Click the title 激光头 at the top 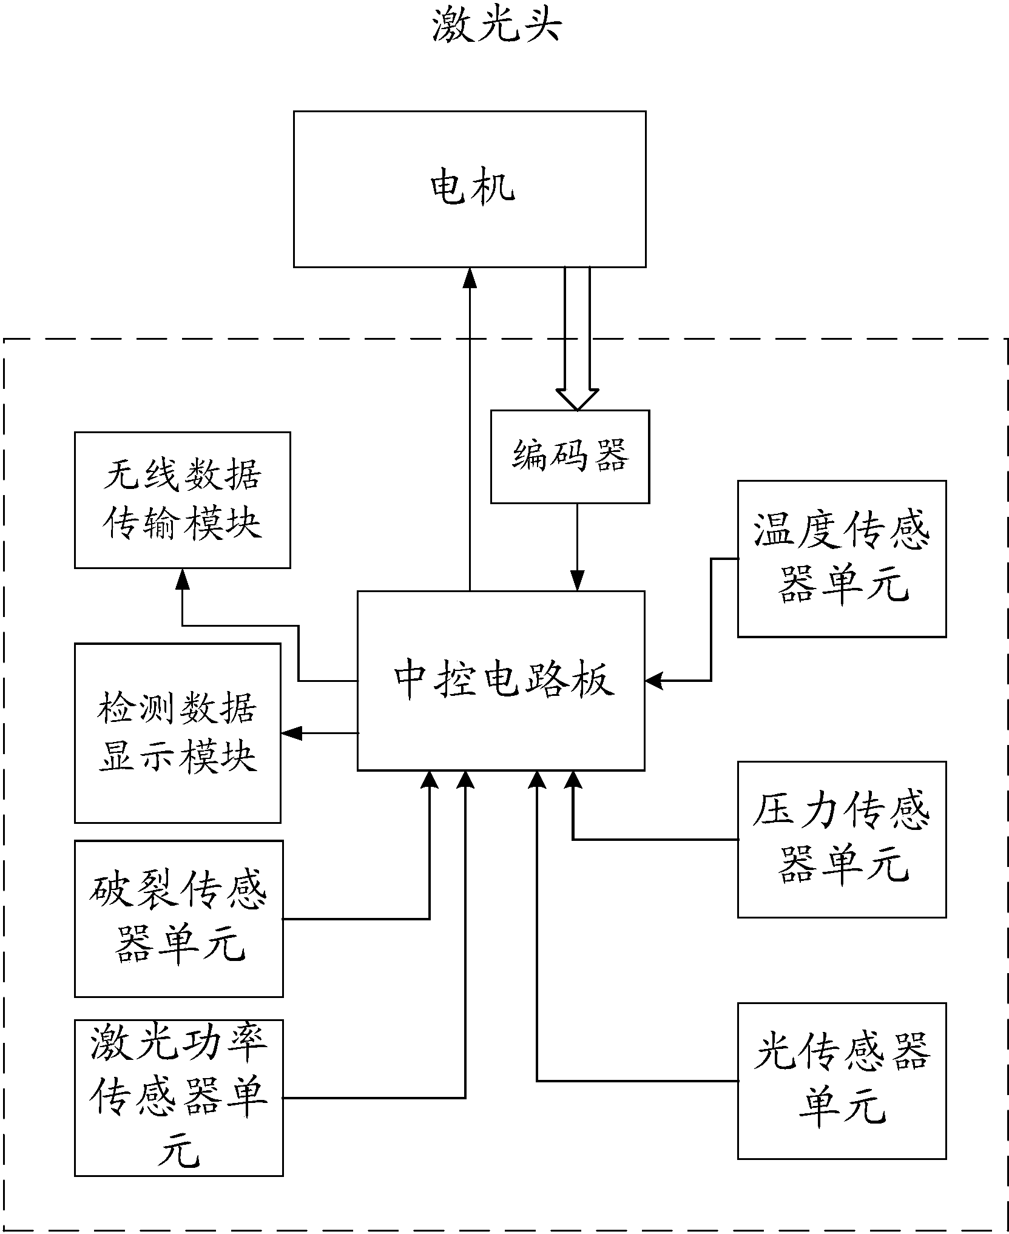pyautogui.click(x=496, y=27)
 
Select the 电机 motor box pyautogui.click(x=470, y=189)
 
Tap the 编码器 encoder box pyautogui.click(x=570, y=456)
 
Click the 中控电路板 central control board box pyautogui.click(x=501, y=680)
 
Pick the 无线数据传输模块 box pyautogui.click(x=182, y=500)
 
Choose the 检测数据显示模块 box pyautogui.click(x=177, y=733)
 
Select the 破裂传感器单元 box pyautogui.click(x=178, y=918)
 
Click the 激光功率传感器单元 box pyautogui.click(x=178, y=1097)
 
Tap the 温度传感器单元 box pyautogui.click(x=842, y=559)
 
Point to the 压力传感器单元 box pyautogui.click(x=842, y=839)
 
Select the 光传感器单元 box pyautogui.click(x=842, y=1081)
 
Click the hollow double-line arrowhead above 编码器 pyautogui.click(x=577, y=399)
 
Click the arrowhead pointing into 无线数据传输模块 pyautogui.click(x=182, y=578)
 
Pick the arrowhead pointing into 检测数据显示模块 pyautogui.click(x=291, y=733)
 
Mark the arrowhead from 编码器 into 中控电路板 pyautogui.click(x=577, y=581)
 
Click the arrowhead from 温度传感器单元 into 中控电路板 pyautogui.click(x=654, y=681)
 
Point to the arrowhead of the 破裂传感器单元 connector pyautogui.click(x=430, y=780)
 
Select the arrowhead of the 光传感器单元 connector pyautogui.click(x=537, y=780)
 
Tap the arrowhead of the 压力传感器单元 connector pyautogui.click(x=573, y=780)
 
